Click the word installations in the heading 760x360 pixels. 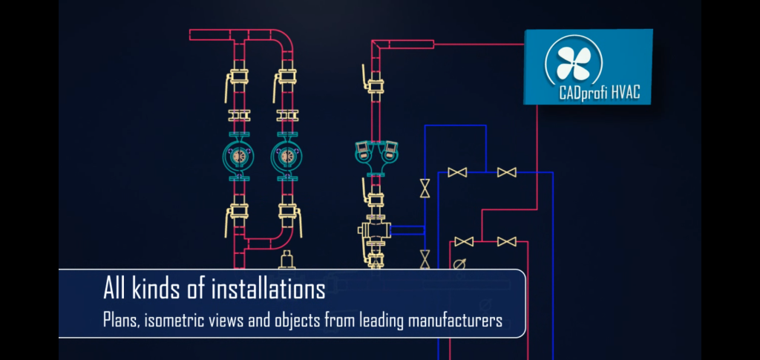pos(269,288)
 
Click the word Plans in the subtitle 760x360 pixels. pos(121,321)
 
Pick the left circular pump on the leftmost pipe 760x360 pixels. pos(239,157)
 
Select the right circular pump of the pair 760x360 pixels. pos(285,157)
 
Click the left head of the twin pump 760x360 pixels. pos(363,151)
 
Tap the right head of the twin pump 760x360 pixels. pos(388,151)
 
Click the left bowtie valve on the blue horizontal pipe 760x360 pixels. pos(458,173)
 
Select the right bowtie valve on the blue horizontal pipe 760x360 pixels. pos(507,173)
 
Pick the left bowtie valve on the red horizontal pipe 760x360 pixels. pos(465,242)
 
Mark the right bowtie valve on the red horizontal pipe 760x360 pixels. pos(507,242)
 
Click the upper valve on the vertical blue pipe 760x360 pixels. pos(425,189)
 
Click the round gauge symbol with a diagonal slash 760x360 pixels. pos(460,264)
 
